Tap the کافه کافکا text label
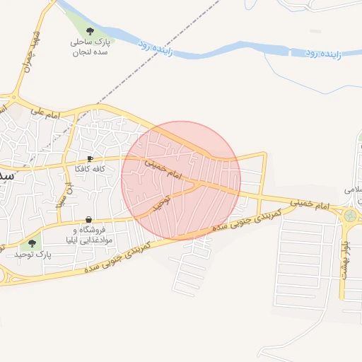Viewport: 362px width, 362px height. [90, 170]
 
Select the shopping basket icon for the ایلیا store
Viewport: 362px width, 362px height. [88, 219]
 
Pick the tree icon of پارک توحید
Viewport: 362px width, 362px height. [31, 243]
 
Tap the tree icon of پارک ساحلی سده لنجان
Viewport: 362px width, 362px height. [90, 30]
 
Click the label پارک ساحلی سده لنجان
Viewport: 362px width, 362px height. [90, 47]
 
